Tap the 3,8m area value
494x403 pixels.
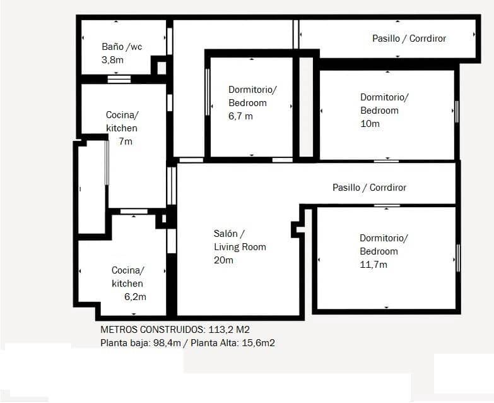(112, 61)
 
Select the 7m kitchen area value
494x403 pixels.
(126, 141)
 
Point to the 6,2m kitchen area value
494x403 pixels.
(134, 297)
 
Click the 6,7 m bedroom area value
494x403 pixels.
(240, 116)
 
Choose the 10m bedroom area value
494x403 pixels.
(370, 124)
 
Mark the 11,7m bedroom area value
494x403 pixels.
(373, 265)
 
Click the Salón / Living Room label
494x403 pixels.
(240, 240)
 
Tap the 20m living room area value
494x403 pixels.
(223, 260)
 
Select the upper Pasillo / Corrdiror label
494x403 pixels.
(409, 39)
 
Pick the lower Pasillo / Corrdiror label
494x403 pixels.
(369, 188)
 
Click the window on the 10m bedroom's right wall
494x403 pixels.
(457, 111)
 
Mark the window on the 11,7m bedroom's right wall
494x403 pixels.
(458, 258)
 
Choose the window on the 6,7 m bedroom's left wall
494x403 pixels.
(208, 92)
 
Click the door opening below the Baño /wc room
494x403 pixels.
(119, 79)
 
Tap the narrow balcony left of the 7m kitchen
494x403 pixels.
(91, 188)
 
